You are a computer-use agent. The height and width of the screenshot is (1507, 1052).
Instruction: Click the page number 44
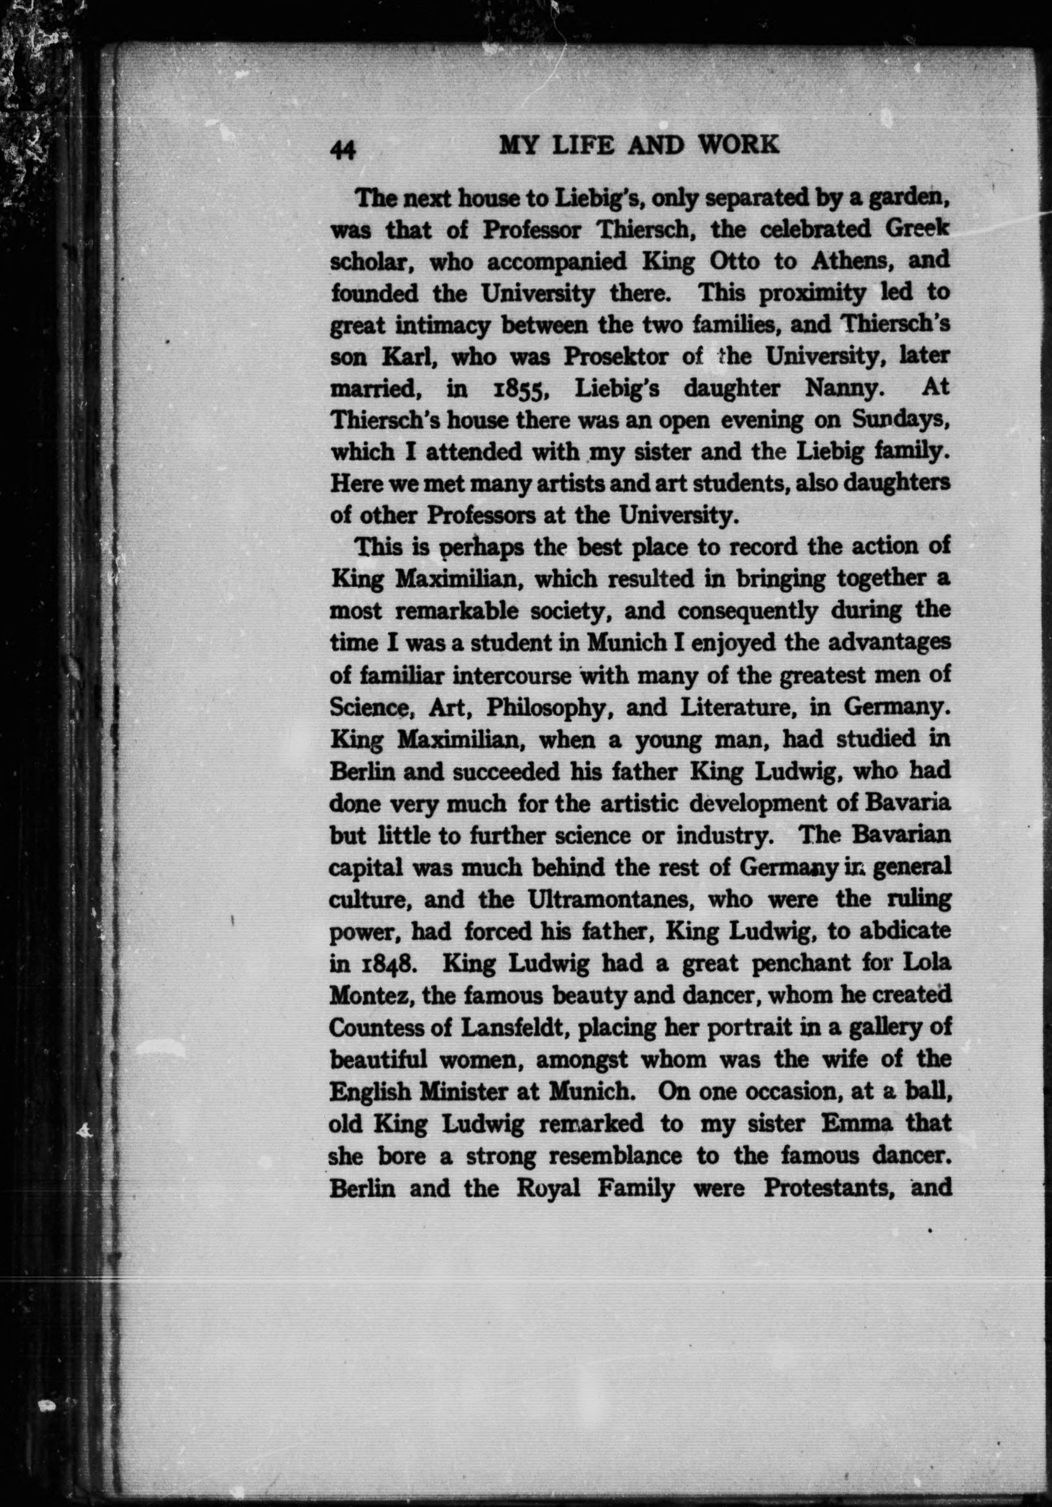tap(343, 151)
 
